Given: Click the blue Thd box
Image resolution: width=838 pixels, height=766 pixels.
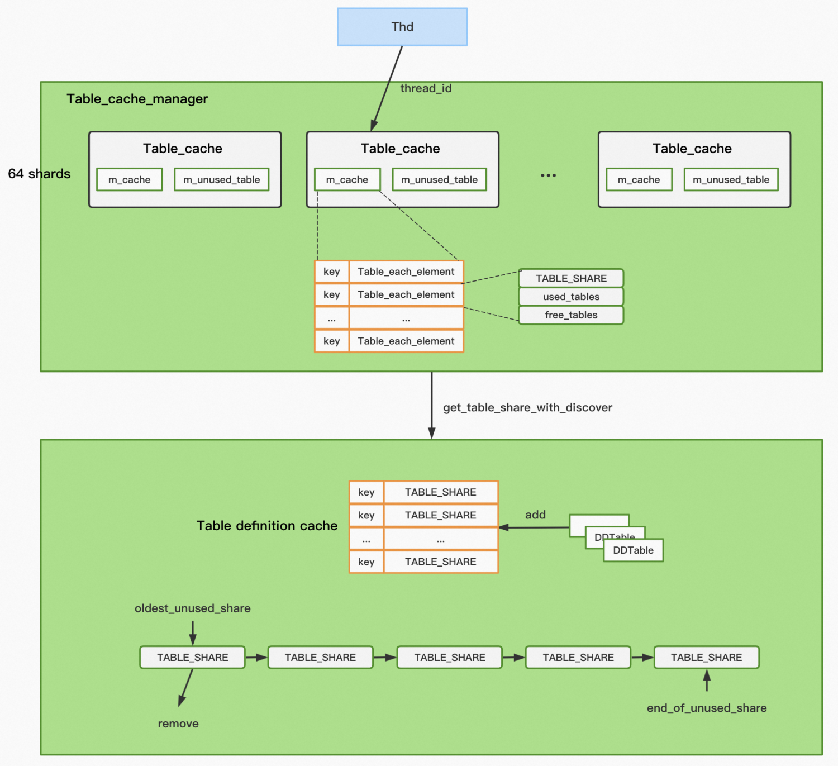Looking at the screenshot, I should [402, 27].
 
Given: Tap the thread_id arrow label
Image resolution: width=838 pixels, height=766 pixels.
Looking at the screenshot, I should [426, 88].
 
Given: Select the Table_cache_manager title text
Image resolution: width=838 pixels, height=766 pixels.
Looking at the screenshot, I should [137, 99].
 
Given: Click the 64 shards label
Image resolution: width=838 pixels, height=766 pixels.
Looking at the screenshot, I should [39, 174].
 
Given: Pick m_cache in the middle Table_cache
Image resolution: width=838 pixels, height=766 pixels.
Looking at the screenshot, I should [347, 180].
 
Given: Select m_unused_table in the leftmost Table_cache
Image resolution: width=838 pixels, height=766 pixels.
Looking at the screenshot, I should [221, 180].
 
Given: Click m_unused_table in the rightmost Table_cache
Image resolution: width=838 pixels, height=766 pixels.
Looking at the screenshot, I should [731, 180].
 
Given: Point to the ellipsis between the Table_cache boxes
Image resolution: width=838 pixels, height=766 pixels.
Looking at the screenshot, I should [548, 175].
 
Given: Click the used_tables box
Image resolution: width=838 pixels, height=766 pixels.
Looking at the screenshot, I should [571, 297].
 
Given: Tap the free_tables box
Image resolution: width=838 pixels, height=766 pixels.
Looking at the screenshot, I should [571, 315].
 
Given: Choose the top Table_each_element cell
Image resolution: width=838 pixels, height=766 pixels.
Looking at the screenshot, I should [406, 272].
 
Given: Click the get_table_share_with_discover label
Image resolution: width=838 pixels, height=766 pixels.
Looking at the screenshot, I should [527, 408].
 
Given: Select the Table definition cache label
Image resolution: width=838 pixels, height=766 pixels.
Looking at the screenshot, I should [267, 526].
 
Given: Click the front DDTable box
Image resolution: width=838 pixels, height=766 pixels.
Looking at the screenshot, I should [633, 550].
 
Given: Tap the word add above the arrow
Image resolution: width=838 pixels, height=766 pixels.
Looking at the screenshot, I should [535, 515].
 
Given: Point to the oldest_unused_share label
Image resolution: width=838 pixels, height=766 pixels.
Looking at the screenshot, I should [192, 608].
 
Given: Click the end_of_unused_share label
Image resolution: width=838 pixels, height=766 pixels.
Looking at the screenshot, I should [707, 708].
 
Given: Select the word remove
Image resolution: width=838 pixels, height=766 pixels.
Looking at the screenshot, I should [178, 724].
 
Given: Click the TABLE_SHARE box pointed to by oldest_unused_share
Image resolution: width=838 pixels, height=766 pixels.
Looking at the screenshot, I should [192, 658].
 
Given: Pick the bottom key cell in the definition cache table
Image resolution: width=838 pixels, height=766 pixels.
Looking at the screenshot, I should [366, 562].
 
